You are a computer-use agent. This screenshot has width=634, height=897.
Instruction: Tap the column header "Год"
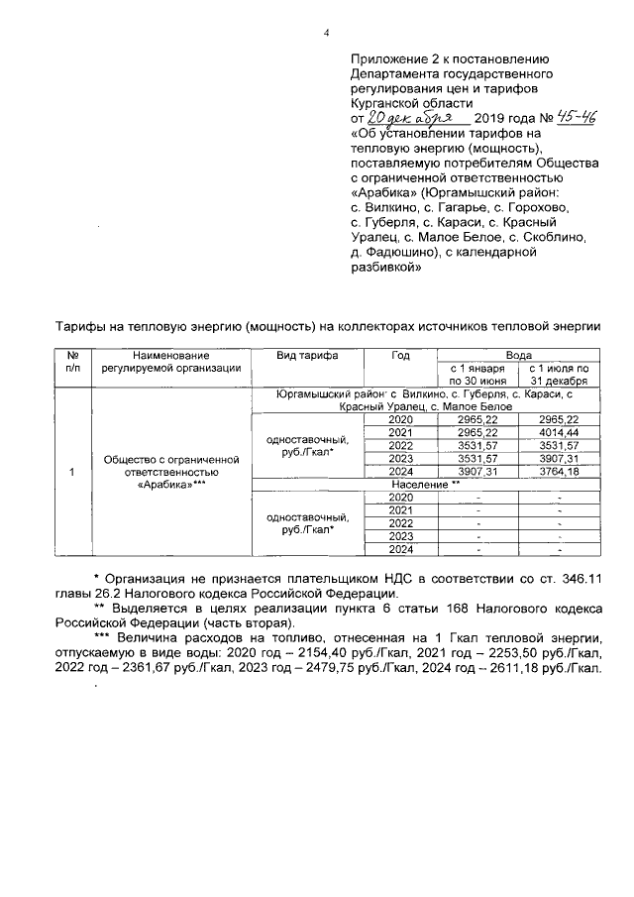tap(400, 354)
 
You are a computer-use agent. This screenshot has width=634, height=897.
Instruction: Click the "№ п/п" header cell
tap(72, 361)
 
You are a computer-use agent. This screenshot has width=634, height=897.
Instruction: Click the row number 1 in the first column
tap(72, 472)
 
